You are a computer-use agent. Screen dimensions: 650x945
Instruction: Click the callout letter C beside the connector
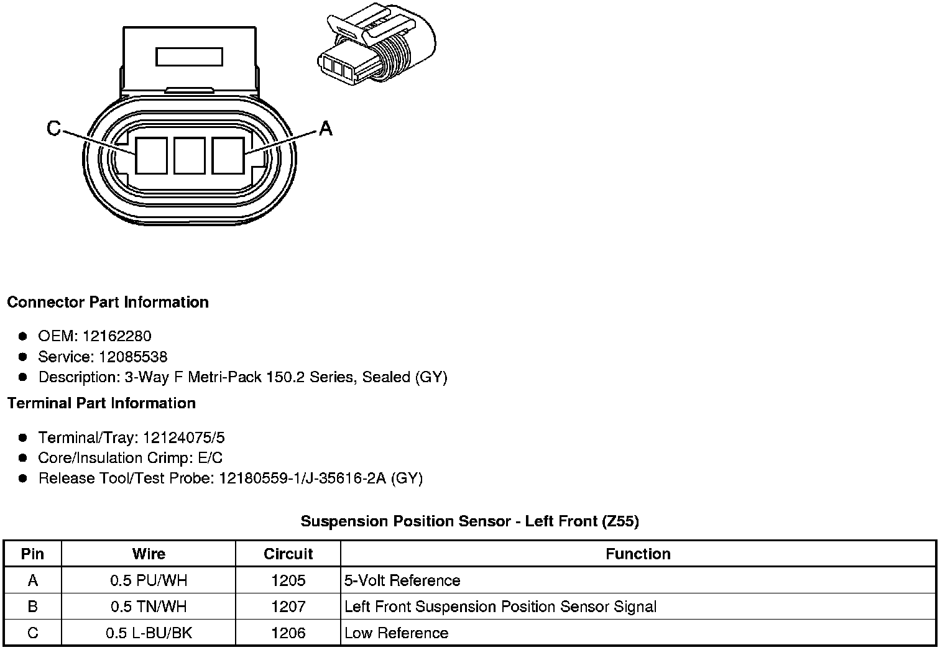click(54, 129)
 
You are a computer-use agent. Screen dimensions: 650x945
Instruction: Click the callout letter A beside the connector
click(326, 129)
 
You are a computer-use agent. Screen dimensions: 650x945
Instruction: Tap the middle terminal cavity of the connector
click(190, 155)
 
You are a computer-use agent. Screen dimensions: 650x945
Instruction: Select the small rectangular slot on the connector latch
click(190, 57)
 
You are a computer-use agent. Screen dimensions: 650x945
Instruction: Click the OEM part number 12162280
click(116, 336)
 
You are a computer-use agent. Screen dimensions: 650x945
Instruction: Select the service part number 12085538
click(133, 357)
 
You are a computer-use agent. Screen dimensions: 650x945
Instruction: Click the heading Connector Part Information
click(108, 303)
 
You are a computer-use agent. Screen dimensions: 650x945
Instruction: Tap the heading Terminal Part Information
click(101, 403)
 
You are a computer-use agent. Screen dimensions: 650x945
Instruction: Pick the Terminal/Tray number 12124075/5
click(183, 437)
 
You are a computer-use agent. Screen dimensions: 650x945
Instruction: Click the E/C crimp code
click(209, 458)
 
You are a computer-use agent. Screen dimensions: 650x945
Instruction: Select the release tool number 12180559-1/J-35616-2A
click(303, 478)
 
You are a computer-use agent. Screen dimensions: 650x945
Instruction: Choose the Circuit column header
click(288, 554)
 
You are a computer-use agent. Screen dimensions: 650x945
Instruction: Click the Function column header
click(638, 554)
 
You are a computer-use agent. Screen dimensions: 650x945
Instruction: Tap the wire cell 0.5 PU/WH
click(149, 580)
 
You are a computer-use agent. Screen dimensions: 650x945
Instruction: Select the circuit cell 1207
click(288, 607)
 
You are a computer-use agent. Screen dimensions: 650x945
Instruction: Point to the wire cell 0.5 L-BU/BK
click(149, 633)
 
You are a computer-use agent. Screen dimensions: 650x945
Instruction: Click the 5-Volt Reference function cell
click(402, 580)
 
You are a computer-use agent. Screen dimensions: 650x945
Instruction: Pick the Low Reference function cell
click(396, 633)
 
